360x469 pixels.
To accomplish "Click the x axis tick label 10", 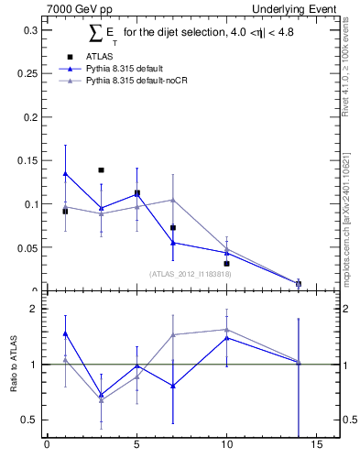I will coord(226,447).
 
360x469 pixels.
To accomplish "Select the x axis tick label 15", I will coord(316,447).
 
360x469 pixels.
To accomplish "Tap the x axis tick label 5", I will coord(136,447).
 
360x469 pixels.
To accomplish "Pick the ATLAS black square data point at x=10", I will coord(226,263).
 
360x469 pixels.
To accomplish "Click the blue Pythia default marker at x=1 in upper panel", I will coord(65,173).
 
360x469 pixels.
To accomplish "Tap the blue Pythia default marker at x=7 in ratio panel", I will coord(172,386).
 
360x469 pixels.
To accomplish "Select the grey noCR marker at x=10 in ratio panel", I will coord(226,330).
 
